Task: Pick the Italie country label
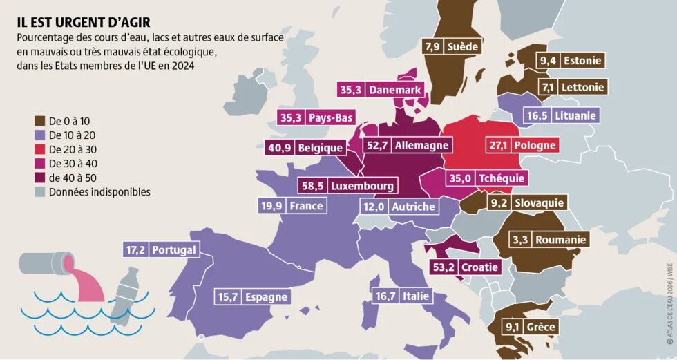[x=414, y=296]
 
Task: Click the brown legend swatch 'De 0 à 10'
[x=39, y=118]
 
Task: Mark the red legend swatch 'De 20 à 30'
[x=39, y=148]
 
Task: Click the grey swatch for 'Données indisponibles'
[x=39, y=192]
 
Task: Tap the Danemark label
[x=394, y=90]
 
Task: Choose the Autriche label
[x=413, y=207]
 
